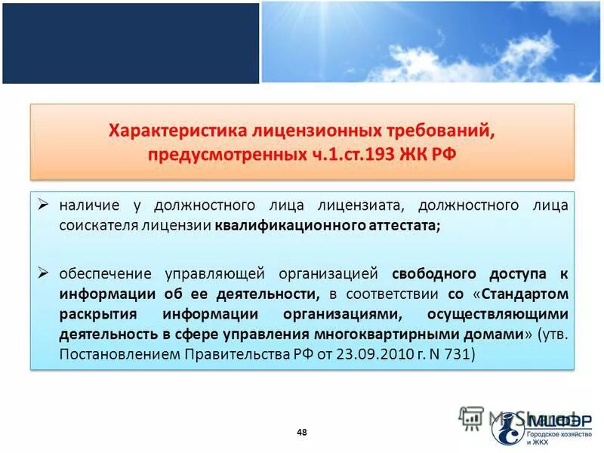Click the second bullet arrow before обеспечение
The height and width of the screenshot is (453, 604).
coord(44,273)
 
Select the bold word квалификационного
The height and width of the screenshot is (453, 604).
coord(279,225)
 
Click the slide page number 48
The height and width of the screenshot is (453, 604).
coord(302,432)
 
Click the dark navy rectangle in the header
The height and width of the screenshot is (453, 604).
coord(131,42)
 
